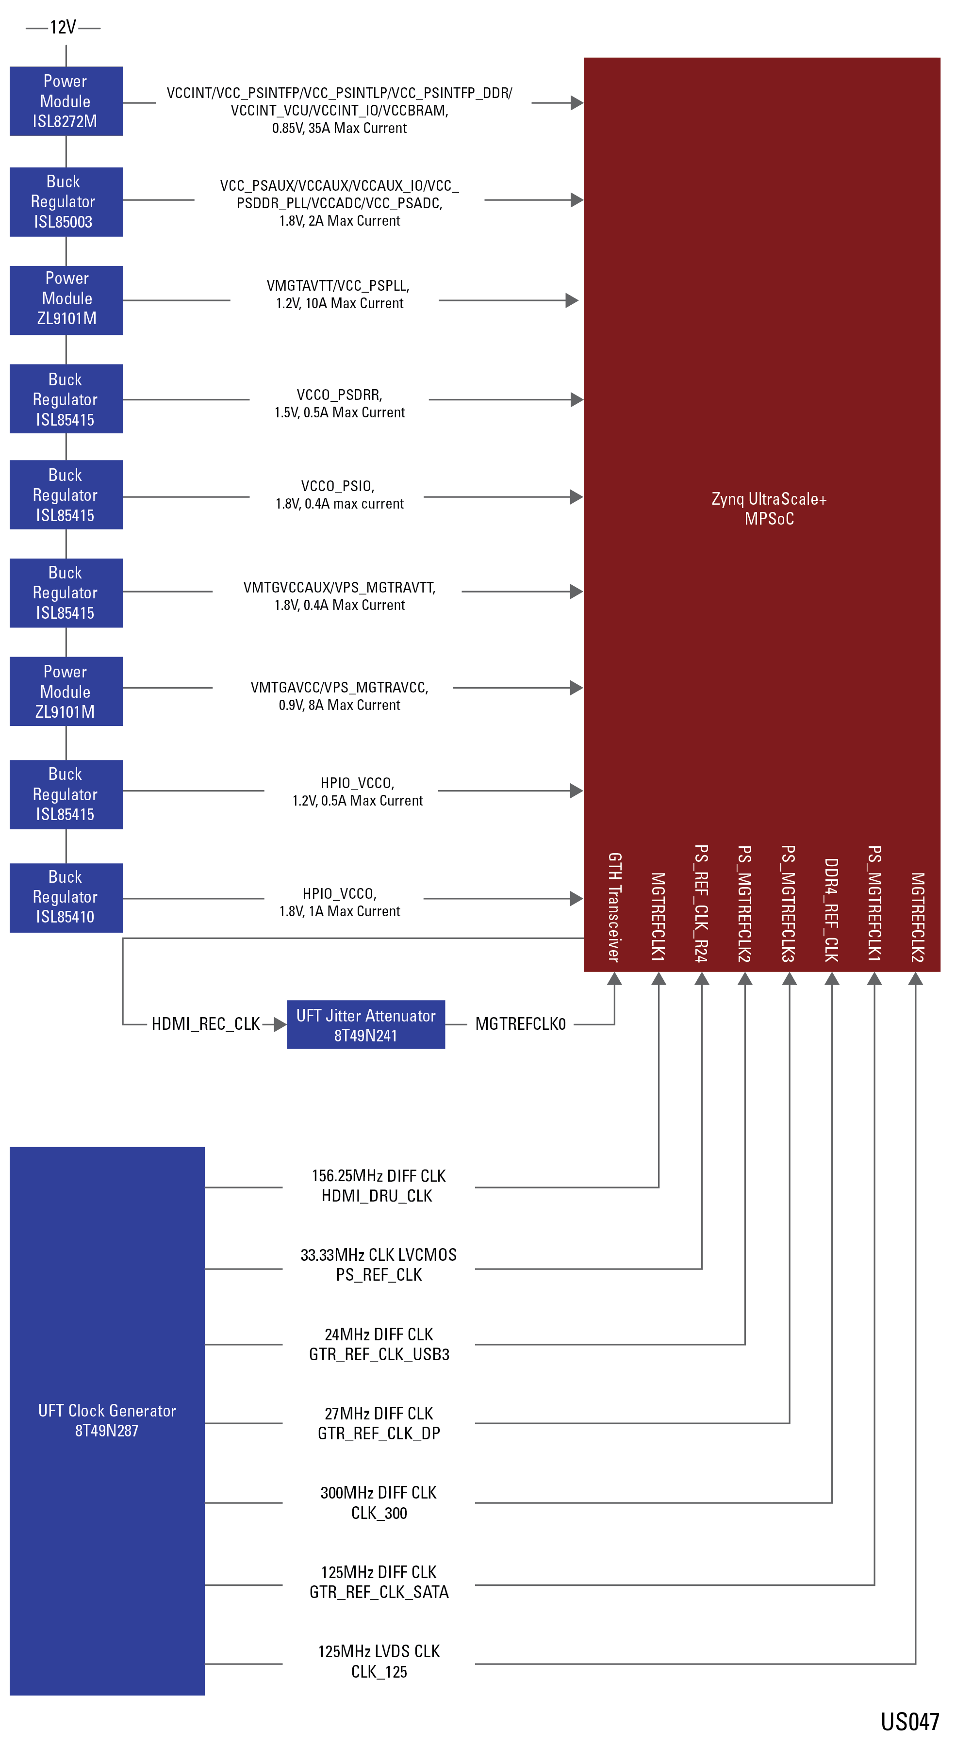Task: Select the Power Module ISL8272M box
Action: (66, 101)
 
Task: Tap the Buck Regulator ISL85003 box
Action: (66, 202)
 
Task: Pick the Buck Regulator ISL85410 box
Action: (66, 897)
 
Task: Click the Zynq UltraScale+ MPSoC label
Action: (769, 509)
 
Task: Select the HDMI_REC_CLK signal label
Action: (205, 1024)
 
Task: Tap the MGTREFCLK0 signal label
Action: (520, 1024)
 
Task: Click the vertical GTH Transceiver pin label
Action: (614, 907)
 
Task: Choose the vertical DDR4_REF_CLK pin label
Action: (831, 910)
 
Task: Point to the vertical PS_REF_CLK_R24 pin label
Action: (701, 904)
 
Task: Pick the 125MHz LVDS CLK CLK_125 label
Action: (379, 1662)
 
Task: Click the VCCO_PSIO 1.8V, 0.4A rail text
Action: (339, 495)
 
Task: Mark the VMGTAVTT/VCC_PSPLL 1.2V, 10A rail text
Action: (339, 294)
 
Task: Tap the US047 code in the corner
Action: (909, 1722)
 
